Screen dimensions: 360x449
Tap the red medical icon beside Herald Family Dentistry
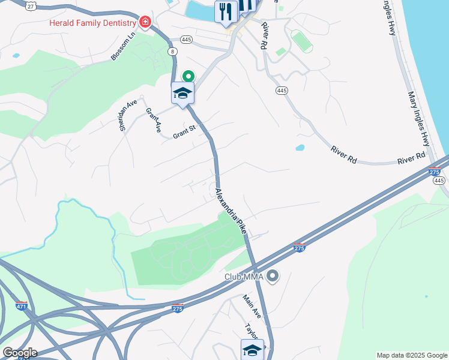click(144, 22)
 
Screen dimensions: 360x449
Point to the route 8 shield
click(173, 52)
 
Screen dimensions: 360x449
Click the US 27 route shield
click(31, 5)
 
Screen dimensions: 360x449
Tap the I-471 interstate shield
click(22, 305)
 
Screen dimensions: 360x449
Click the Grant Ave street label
click(154, 120)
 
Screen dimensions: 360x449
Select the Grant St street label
click(184, 131)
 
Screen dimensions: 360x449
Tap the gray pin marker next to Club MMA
click(273, 277)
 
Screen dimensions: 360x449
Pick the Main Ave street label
click(252, 306)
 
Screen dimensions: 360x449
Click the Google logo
click(19, 352)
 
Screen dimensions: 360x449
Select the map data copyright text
click(412, 355)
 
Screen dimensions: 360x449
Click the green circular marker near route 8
click(188, 76)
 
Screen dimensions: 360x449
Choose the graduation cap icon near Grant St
click(182, 93)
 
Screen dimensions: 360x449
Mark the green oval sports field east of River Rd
click(302, 41)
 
